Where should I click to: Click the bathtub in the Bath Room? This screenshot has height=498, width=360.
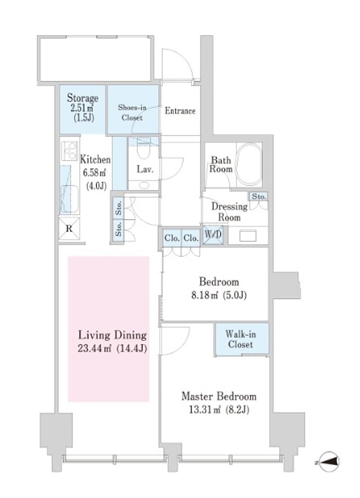coord(249,164)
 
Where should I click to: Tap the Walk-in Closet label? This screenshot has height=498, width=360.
coord(241,339)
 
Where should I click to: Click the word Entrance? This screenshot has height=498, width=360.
coord(180,111)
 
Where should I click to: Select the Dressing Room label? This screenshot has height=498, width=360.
coord(229,212)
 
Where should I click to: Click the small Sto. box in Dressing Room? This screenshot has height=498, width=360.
coord(258,197)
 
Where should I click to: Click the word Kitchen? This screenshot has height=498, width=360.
coord(95,160)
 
